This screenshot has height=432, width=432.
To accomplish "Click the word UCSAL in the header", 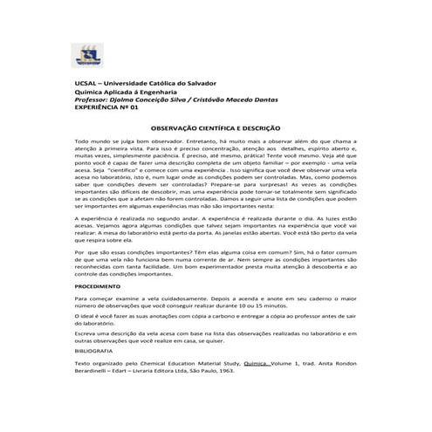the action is pos(87,81).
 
